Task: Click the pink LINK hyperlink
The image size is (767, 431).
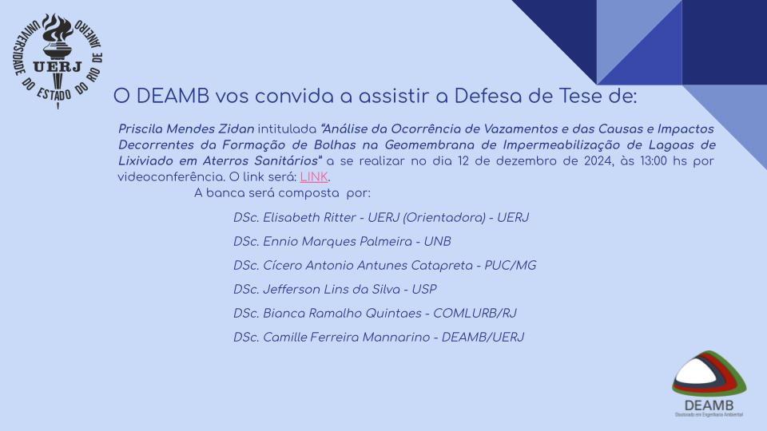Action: coord(314,177)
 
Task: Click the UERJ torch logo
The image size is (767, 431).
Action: coord(58,61)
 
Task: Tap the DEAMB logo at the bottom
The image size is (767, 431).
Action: coord(709,383)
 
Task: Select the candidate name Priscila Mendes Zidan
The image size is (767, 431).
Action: coord(186,129)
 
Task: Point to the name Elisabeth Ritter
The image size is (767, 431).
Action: coord(309,217)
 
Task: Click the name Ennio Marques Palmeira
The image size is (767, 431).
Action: coord(337,241)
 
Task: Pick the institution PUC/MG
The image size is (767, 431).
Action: coord(511,265)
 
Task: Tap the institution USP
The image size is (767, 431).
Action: coord(424,289)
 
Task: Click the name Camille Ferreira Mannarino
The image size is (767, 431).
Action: coord(346,337)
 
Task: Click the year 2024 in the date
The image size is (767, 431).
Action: coord(598,161)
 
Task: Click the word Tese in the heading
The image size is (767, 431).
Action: coord(581,97)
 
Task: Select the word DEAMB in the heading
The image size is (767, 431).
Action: coord(173,97)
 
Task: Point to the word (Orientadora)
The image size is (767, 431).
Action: coord(444,217)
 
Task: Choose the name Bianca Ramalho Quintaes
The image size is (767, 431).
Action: coord(343,313)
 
